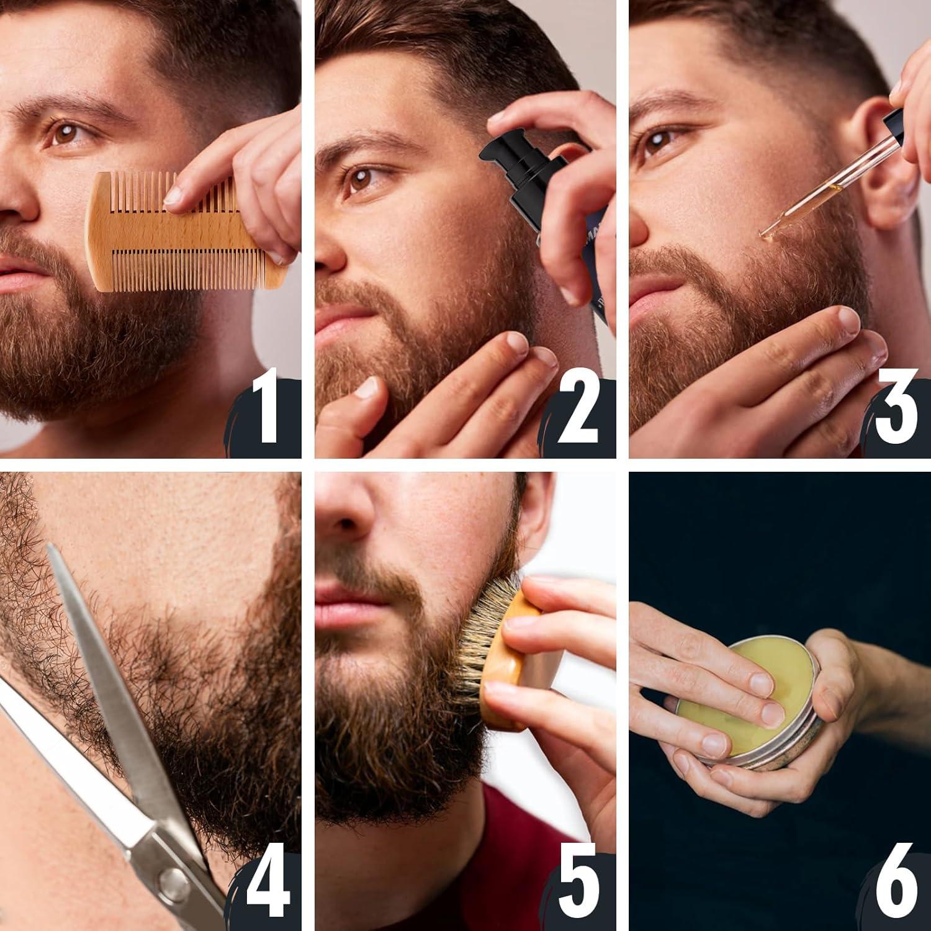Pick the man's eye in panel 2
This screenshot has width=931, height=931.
(360, 177)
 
